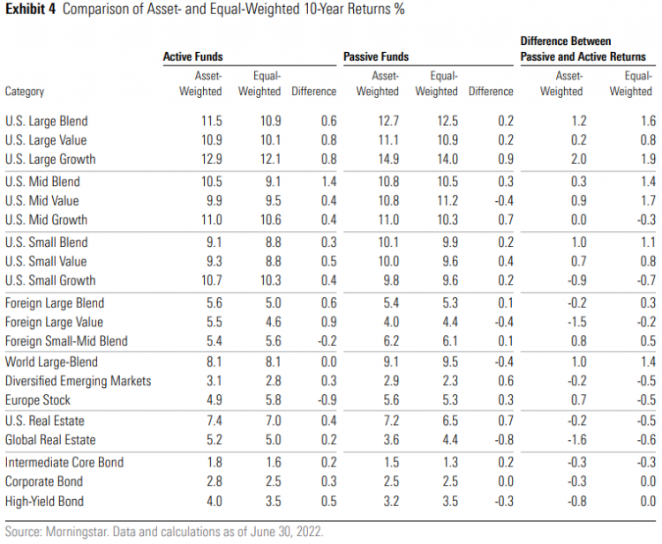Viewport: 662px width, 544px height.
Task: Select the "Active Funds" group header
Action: [x=193, y=56]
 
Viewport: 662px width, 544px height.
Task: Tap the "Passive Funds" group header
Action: [x=375, y=56]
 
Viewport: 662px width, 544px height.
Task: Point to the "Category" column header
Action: [x=25, y=91]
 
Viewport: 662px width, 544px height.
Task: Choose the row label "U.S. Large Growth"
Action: [x=50, y=160]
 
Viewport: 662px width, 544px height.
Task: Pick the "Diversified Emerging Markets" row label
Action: [x=78, y=381]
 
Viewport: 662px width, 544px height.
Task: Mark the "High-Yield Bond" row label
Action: [x=46, y=501]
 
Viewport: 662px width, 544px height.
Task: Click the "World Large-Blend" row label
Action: [x=51, y=361]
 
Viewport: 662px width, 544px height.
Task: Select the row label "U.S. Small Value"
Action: [x=47, y=261]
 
